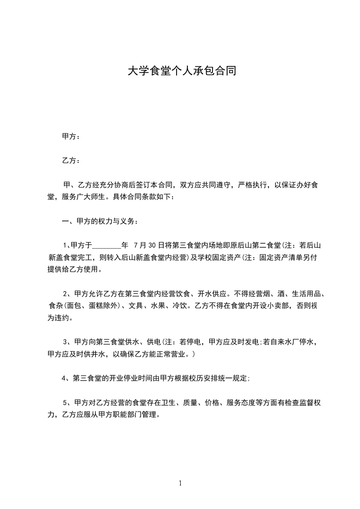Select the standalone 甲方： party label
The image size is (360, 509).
point(71,137)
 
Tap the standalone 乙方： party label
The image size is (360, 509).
point(71,161)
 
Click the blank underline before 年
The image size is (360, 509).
point(107,245)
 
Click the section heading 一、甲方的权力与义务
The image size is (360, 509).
point(99,221)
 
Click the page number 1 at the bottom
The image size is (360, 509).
point(181,483)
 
